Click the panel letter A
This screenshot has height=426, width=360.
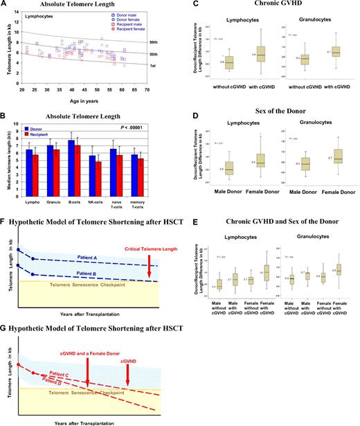5,5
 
